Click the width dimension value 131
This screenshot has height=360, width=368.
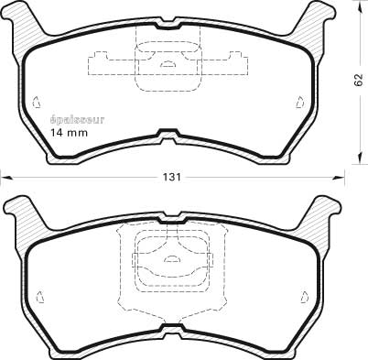coord(172,178)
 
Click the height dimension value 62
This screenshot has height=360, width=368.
coord(359,80)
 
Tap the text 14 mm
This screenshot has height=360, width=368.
coord(69,133)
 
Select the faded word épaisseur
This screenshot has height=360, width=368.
coord(77,120)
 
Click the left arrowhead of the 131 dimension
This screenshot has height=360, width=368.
coord(5,178)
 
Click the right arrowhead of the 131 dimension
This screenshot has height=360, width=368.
coord(339,178)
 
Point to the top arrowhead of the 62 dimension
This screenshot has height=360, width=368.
coord(361,5)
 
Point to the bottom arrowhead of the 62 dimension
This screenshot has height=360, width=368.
coord(361,158)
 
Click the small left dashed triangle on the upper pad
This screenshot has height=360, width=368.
coord(37,102)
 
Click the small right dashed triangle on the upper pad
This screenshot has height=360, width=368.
coord(300,102)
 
